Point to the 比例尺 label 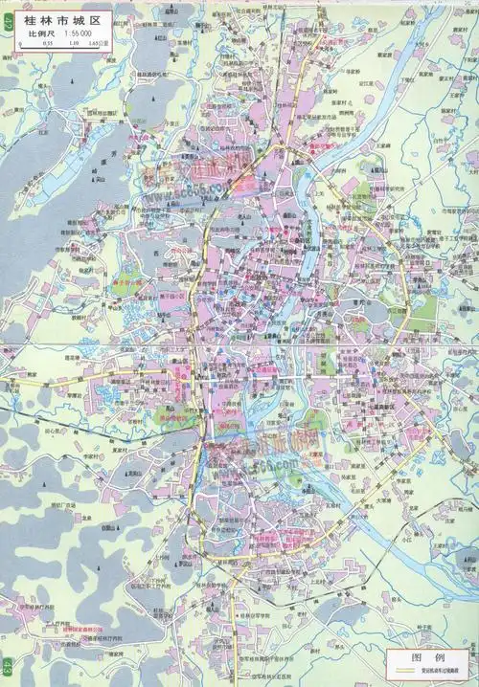click(x=40, y=33)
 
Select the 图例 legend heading click(x=425, y=658)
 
